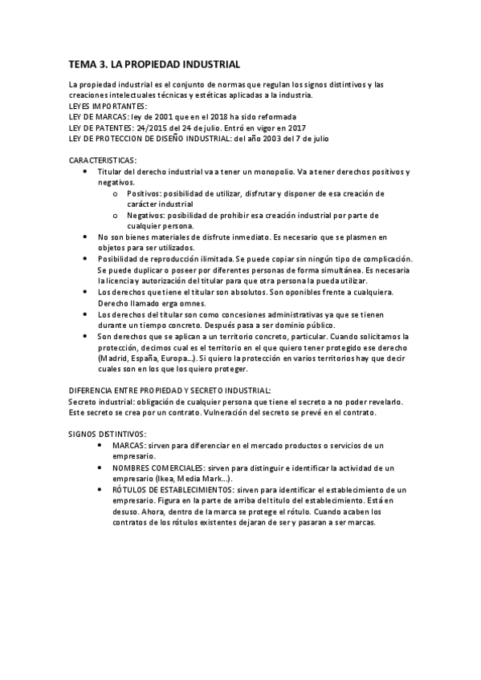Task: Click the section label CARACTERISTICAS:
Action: point(103,160)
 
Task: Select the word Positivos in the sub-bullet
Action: point(144,194)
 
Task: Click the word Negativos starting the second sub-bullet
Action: point(145,216)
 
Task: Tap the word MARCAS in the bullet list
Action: point(129,445)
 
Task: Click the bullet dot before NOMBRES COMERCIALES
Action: point(99,467)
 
